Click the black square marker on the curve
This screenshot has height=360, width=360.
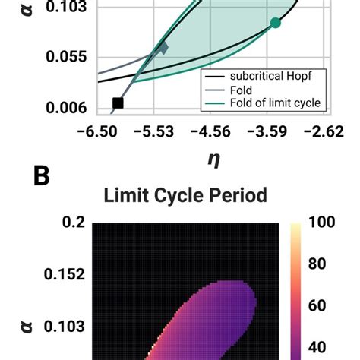click(x=117, y=103)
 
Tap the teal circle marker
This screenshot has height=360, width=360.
click(x=276, y=23)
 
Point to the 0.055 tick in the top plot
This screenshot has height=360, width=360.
click(x=65, y=57)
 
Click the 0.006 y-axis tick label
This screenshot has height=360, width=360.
click(x=65, y=108)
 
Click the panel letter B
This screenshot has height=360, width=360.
click(x=42, y=176)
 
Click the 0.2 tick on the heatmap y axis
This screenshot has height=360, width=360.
click(x=74, y=223)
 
